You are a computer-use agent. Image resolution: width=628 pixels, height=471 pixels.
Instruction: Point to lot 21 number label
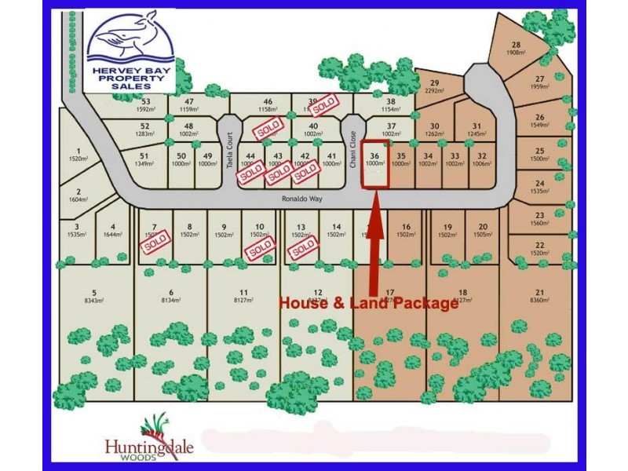539,292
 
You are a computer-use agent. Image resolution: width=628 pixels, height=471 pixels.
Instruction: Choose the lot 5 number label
93,292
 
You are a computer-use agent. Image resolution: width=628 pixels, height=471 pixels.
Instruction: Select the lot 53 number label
145,101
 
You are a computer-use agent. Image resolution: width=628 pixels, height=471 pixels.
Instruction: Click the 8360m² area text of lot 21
539,301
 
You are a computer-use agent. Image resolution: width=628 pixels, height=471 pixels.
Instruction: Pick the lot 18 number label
462,292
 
